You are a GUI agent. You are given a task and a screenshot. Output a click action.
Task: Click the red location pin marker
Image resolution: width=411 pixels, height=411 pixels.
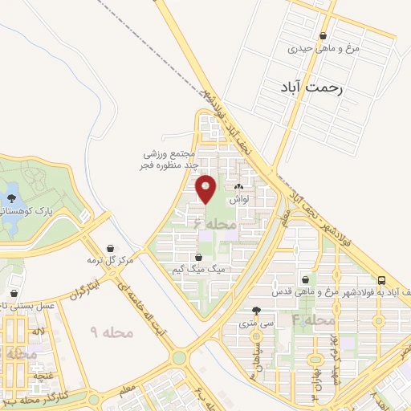pyautogui.click(x=206, y=189)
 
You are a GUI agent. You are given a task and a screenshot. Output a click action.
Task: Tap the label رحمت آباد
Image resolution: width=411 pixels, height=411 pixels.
pyautogui.click(x=312, y=88)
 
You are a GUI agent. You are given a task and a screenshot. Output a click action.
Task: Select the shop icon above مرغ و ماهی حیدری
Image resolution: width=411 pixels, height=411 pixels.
pyautogui.click(x=323, y=35)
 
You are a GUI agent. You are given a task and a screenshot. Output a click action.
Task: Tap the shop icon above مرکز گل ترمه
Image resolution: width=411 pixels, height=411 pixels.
pyautogui.click(x=109, y=248)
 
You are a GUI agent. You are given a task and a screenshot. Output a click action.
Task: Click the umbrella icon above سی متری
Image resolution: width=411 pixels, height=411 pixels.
pyautogui.click(x=256, y=311)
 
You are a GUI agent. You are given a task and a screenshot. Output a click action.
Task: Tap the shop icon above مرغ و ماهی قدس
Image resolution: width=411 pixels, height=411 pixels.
pyautogui.click(x=305, y=279)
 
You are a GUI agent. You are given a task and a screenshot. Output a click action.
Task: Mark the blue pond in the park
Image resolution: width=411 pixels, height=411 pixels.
pyautogui.click(x=11, y=193)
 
